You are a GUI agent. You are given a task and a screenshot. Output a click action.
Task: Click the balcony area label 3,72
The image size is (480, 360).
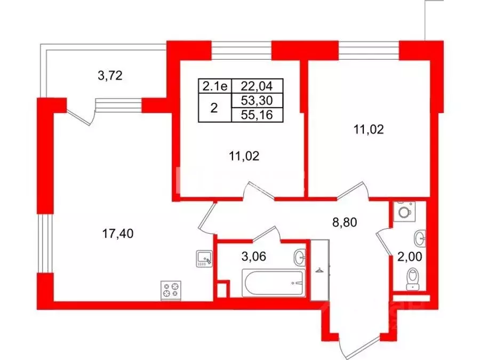[110, 76]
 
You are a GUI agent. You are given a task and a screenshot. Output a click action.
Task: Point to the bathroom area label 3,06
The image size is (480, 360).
[253, 257]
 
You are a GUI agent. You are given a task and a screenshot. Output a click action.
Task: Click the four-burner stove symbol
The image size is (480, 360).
[171, 291]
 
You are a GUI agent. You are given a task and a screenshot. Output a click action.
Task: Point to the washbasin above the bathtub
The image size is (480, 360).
[301, 258]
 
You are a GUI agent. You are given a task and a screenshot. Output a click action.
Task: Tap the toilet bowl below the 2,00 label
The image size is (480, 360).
[412, 278]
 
